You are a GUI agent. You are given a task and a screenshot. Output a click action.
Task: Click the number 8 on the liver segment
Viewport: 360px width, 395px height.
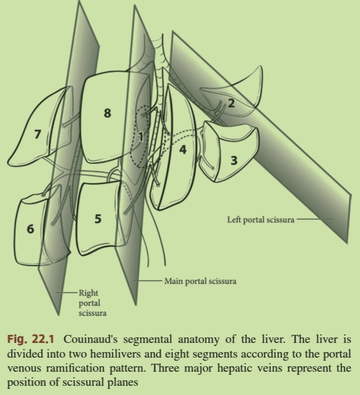click(107, 113)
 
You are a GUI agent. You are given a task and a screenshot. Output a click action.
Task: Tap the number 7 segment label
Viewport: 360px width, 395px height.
click(37, 134)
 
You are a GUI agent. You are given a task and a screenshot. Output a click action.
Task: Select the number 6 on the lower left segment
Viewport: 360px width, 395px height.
click(30, 229)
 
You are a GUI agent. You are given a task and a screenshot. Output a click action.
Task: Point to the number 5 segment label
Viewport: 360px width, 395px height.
click(98, 218)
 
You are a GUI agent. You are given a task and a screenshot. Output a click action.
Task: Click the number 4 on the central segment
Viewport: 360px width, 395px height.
click(183, 150)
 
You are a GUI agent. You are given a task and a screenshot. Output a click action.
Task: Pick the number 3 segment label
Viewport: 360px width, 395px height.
click(234, 161)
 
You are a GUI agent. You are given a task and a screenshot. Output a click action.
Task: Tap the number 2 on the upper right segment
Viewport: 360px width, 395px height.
click(231, 103)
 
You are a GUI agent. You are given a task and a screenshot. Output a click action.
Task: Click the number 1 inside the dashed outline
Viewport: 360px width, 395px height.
click(141, 137)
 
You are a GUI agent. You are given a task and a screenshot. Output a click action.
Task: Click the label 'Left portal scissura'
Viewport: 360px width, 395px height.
click(261, 220)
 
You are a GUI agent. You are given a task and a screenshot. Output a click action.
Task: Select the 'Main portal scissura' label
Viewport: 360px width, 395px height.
click(201, 281)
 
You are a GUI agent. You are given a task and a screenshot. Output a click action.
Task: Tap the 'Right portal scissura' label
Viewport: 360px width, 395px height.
click(93, 303)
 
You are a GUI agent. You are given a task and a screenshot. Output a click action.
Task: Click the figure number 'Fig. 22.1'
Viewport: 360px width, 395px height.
click(31, 339)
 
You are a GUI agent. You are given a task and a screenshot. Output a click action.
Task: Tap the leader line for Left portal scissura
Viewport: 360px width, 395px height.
click(315, 219)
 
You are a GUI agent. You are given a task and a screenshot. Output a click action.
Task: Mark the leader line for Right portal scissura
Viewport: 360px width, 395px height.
click(66, 293)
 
